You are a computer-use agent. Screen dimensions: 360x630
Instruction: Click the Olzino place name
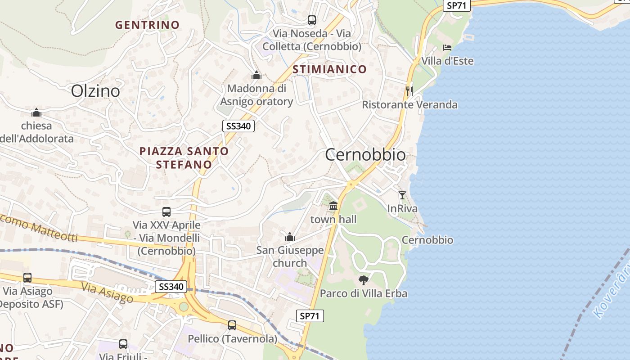click(x=95, y=91)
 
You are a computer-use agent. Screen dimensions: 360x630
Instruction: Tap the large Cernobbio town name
click(x=365, y=155)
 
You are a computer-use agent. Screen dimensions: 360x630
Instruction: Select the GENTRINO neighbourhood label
click(x=147, y=25)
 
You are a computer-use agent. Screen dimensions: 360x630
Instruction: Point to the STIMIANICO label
click(x=329, y=69)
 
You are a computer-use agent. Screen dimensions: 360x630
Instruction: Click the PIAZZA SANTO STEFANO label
click(x=184, y=157)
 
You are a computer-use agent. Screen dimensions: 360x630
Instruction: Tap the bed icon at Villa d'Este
click(x=447, y=47)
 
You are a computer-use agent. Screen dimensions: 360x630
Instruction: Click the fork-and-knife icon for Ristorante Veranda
click(x=409, y=91)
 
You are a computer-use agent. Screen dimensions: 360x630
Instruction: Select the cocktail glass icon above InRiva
click(x=402, y=195)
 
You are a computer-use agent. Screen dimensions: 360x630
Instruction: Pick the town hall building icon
click(x=333, y=206)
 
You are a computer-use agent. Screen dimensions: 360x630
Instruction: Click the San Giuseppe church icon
click(x=290, y=236)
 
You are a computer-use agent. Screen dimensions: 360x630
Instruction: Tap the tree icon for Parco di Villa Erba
click(x=363, y=280)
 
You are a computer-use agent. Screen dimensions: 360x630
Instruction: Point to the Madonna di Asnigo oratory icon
click(x=256, y=75)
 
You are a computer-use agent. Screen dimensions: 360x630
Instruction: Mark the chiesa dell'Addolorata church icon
click(x=36, y=112)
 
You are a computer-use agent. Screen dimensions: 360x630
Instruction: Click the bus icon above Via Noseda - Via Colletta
click(x=311, y=20)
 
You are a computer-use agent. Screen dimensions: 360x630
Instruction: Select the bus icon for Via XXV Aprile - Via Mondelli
click(x=166, y=211)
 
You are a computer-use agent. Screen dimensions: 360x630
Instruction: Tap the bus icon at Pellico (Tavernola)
click(x=232, y=325)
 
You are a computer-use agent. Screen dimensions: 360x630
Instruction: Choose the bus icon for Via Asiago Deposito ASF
click(x=27, y=278)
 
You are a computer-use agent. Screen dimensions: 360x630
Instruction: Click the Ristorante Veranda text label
click(x=409, y=105)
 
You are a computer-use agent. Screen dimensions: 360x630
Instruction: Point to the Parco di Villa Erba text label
click(x=363, y=294)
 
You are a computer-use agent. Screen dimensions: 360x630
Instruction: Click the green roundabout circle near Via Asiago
click(x=184, y=307)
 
